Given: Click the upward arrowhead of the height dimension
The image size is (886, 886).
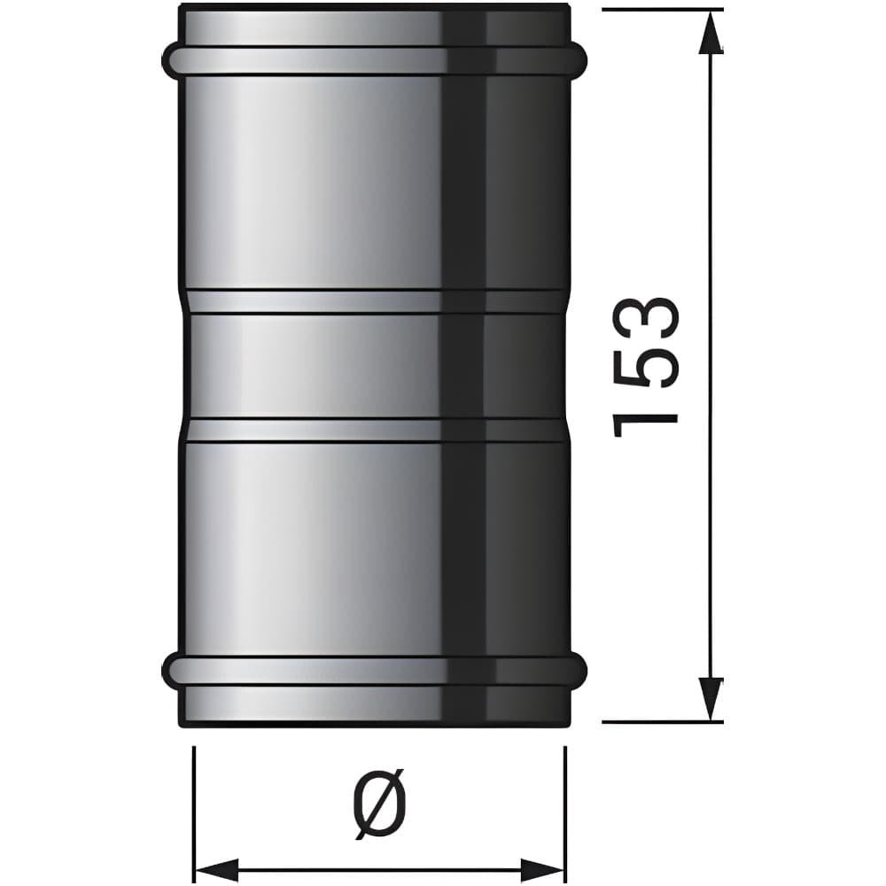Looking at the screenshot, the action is [711, 33].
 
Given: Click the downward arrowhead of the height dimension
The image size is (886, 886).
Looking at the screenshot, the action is [711, 699].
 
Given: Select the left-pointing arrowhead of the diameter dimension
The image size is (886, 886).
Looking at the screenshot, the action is [216, 868].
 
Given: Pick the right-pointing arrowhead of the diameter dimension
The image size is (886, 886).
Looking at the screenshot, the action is [542, 868].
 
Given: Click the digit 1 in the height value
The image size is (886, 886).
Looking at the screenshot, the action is [645, 425].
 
